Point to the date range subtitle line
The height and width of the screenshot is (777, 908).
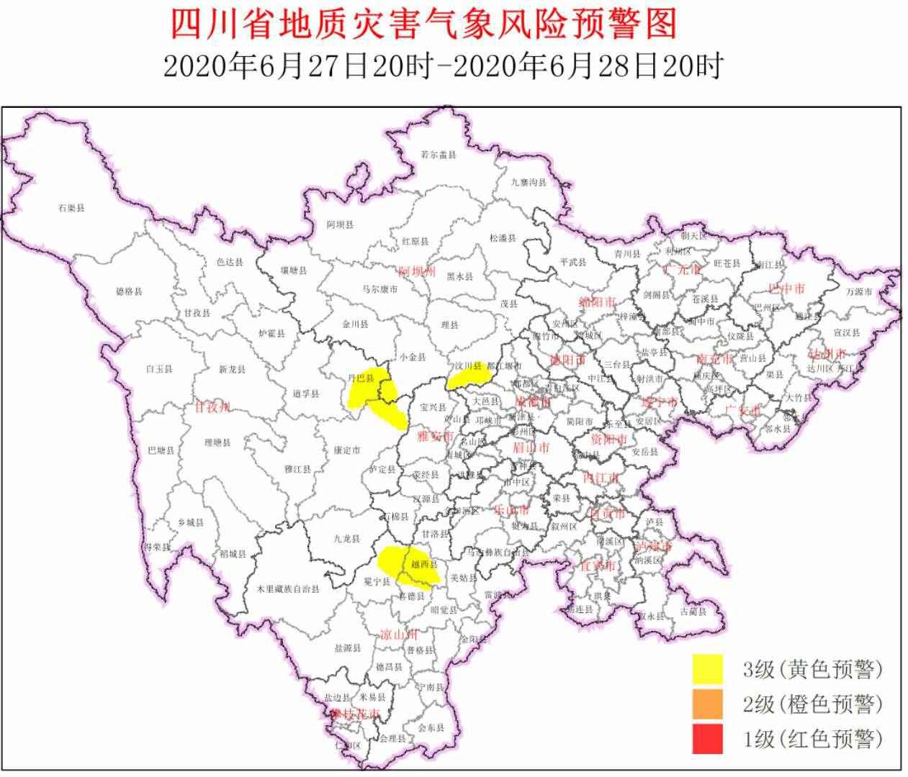442,67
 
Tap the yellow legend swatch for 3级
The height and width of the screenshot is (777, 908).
707,669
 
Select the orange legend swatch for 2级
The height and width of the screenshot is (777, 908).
707,704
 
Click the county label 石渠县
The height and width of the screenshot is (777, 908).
71,208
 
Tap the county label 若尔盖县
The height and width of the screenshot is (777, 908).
439,155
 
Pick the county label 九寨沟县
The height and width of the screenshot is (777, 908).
529,183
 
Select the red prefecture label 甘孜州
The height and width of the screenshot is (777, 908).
212,408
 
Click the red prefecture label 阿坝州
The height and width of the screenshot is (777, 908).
417,272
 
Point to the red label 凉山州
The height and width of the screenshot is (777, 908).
398,635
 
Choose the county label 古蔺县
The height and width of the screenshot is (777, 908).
693,612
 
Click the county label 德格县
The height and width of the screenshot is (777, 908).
129,292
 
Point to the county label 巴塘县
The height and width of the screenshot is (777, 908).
161,451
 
